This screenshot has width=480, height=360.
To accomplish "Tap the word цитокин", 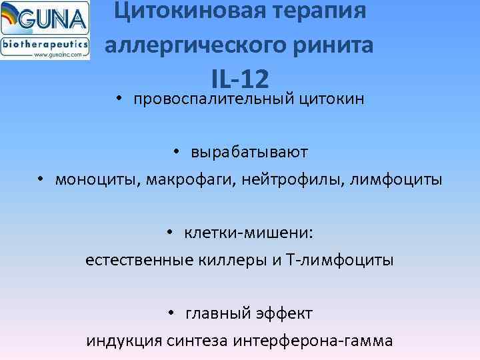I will [x=331, y=99].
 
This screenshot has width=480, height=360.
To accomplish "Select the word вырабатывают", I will [x=249, y=153].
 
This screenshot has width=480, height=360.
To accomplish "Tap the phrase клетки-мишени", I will [x=249, y=233].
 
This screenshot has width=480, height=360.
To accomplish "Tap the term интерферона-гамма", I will [x=313, y=341].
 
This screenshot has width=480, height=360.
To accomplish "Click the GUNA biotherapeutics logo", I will [x=45, y=31].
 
